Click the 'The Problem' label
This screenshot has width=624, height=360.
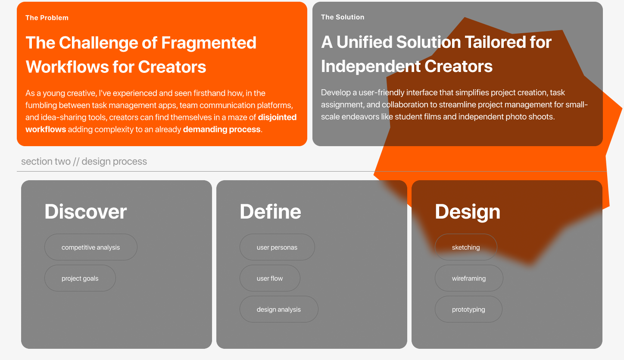click(x=47, y=18)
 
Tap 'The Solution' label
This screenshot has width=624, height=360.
click(x=342, y=17)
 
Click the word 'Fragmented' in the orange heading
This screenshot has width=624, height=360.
click(x=209, y=43)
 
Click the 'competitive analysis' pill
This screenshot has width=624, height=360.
click(x=91, y=247)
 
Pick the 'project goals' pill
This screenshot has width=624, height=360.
click(x=80, y=278)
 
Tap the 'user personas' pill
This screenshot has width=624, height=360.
click(x=277, y=247)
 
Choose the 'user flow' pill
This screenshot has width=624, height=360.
click(x=270, y=278)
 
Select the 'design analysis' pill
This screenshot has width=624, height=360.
click(x=279, y=309)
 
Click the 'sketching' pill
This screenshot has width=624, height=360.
click(x=466, y=247)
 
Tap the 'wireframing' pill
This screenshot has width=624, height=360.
click(x=469, y=278)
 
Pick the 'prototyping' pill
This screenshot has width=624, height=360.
click(x=468, y=309)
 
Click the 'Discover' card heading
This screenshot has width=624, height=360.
click(x=85, y=212)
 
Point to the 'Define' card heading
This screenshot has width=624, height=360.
click(x=270, y=212)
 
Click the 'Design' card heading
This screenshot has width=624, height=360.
click(x=468, y=212)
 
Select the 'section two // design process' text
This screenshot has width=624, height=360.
click(x=84, y=161)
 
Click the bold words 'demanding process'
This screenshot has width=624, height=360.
click(x=222, y=129)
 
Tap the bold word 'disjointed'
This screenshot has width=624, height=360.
click(x=277, y=117)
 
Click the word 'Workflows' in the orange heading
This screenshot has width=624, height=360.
click(x=67, y=67)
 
